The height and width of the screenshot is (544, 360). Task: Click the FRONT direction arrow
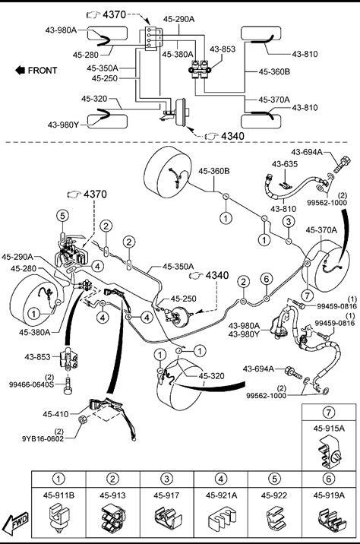point(20,71)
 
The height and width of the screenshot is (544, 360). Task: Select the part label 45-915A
point(329,429)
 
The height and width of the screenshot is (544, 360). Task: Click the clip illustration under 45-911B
point(58,516)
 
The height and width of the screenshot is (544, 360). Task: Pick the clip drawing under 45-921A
point(220,519)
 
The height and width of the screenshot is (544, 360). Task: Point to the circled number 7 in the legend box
point(329,412)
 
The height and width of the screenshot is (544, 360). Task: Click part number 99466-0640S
point(32,384)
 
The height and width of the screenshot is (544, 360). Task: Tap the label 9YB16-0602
point(43,438)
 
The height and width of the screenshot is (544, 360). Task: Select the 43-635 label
point(284,164)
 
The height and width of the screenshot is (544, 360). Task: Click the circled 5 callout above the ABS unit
point(62,216)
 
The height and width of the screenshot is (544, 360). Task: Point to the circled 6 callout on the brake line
point(266,279)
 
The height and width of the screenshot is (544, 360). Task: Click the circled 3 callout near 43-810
point(289,221)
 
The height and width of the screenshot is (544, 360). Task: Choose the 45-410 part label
point(55,414)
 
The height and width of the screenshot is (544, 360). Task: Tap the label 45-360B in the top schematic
point(274,72)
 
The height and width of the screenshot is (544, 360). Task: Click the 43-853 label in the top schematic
point(223,49)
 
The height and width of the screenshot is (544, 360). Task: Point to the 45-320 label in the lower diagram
point(212,376)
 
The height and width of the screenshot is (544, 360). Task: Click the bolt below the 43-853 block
point(68,385)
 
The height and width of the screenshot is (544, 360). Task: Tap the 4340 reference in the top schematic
point(232,136)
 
